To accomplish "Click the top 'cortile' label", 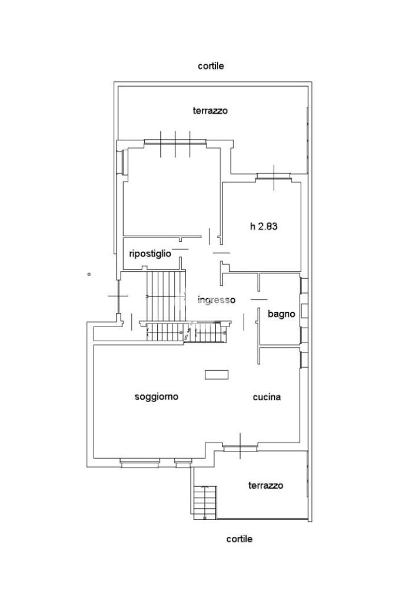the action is click(211, 66).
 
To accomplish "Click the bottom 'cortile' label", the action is click(240, 539).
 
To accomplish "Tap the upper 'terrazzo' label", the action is click(210, 110).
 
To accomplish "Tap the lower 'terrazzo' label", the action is click(265, 485).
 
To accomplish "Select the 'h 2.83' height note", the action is click(264, 226).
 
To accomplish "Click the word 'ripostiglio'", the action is click(150, 253).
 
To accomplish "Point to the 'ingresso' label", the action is click(217, 299).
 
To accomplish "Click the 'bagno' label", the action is click(281, 314).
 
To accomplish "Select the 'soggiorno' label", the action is click(157, 396).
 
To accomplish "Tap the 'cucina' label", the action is click(267, 397).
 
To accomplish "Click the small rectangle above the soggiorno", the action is click(217, 374).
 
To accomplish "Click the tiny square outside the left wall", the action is click(89, 274).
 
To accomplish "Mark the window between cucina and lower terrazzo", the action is click(240, 446).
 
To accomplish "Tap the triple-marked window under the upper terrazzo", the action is click(176, 141).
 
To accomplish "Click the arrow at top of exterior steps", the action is click(204, 487).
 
